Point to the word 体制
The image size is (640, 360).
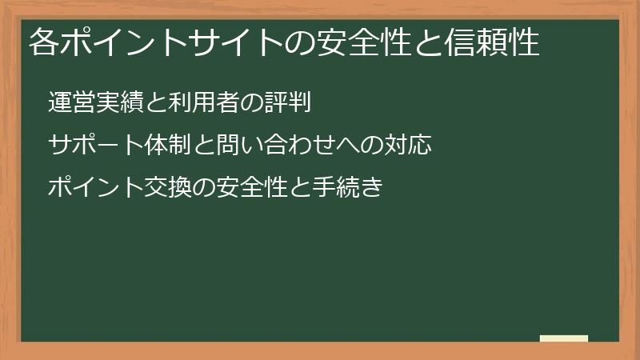tap(167, 146)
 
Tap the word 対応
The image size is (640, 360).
tap(408, 146)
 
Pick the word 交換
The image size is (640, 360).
tap(167, 189)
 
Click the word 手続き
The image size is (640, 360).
tap(348, 189)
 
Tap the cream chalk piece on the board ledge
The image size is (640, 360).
tap(564, 338)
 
